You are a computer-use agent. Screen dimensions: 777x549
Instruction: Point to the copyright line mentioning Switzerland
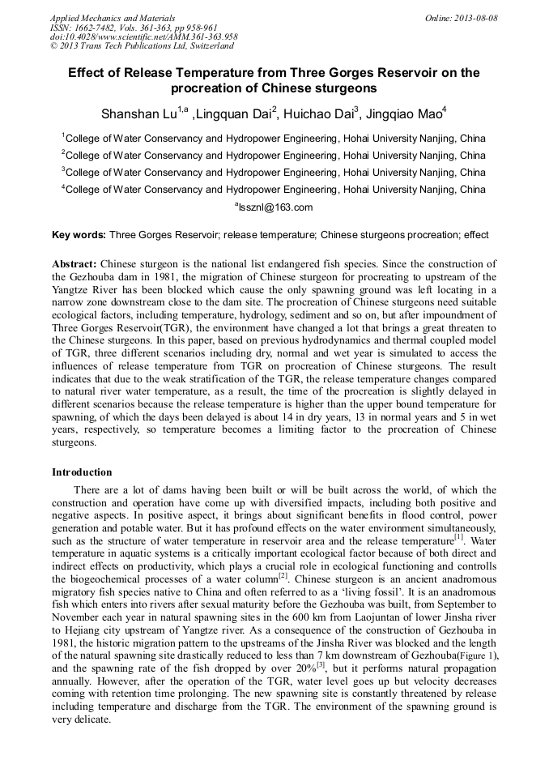tap(142, 46)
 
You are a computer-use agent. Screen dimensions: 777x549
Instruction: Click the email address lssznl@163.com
tap(274, 207)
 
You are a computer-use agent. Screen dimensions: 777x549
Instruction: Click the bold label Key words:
tap(79, 235)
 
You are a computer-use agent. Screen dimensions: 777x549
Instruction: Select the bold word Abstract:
tap(74, 264)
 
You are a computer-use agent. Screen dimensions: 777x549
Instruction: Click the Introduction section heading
tap(82, 472)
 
